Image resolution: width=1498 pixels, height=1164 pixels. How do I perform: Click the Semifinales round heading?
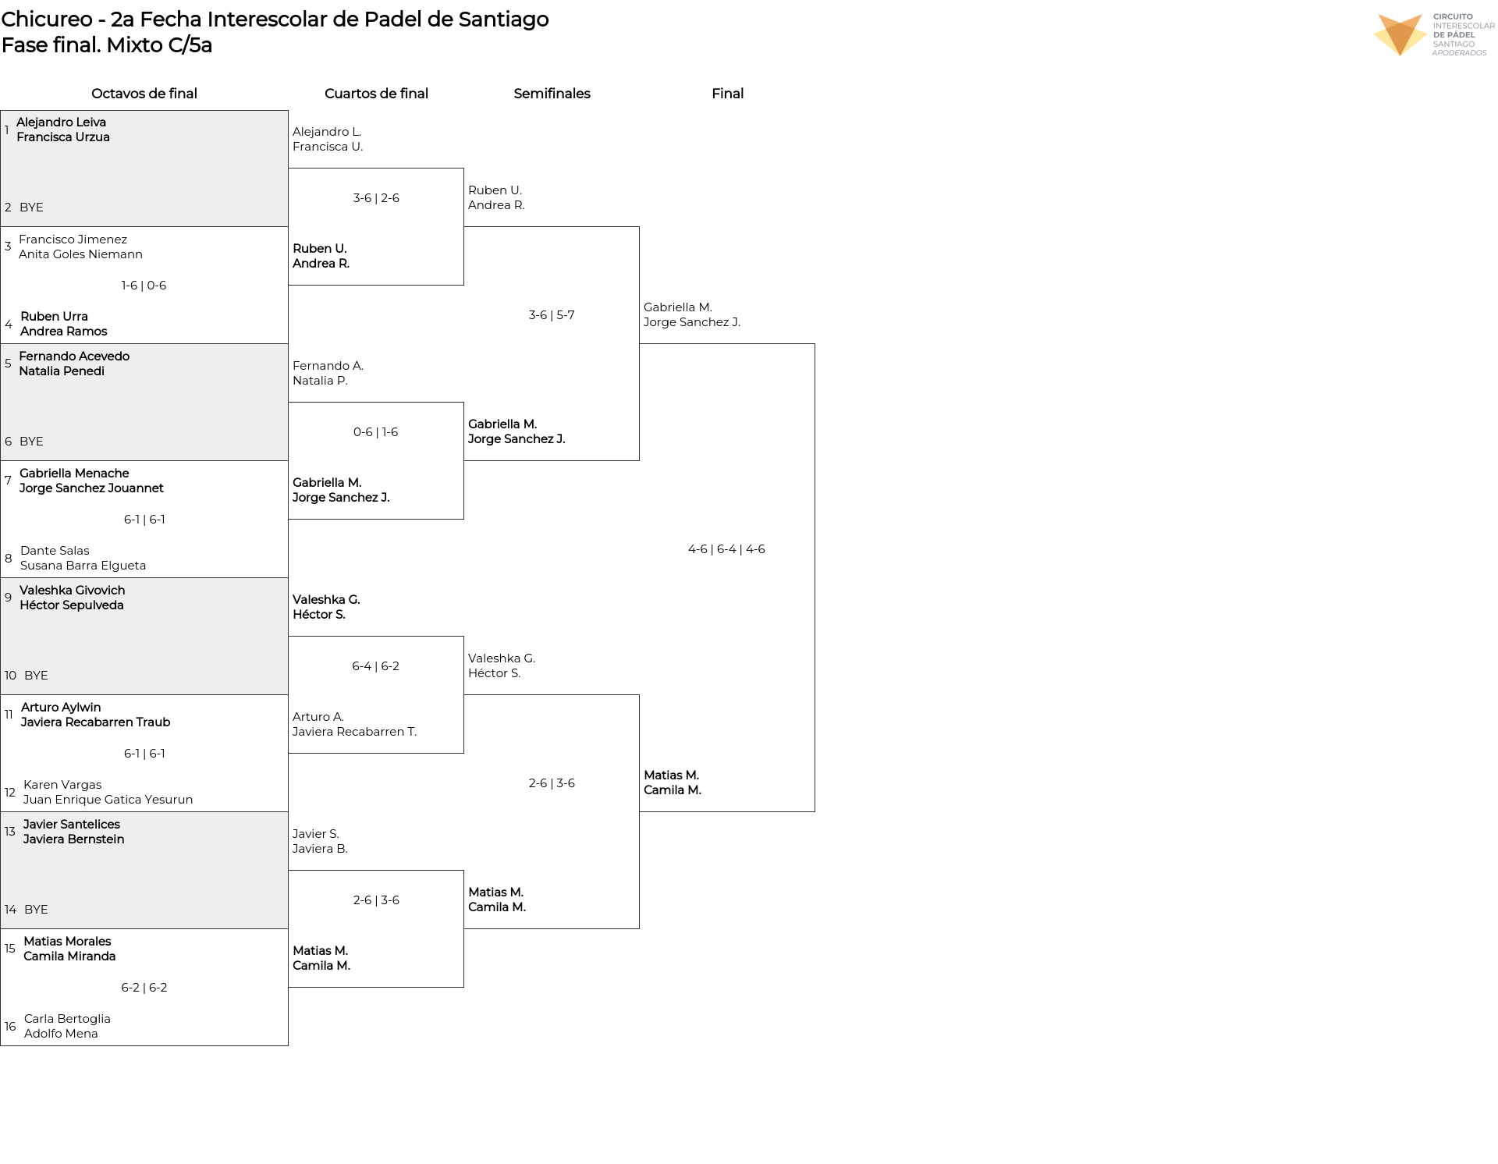552,94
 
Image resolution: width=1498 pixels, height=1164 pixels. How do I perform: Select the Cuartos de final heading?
376,94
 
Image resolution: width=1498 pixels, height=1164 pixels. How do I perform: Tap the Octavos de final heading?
144,94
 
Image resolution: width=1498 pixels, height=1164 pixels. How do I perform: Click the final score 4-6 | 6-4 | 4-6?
726,549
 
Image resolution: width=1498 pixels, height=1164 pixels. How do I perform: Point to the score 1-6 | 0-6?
144,286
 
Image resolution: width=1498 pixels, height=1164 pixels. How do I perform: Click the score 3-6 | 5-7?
552,315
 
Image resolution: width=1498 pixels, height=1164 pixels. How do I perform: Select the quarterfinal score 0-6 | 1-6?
375,432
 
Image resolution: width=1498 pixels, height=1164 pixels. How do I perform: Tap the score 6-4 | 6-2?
375,666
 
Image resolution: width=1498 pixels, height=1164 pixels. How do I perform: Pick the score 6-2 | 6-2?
144,988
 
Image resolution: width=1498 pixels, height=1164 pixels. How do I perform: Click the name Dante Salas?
55,551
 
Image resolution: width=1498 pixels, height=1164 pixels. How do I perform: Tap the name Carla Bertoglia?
67,1019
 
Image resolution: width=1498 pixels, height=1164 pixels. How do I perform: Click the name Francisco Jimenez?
73,240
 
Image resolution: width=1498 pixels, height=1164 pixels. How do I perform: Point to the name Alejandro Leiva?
61,122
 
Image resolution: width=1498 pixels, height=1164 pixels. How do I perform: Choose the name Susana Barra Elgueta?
83,566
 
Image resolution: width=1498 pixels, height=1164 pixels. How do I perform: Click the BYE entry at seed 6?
31,442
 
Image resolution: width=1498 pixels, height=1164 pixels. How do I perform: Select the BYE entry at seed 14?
36,910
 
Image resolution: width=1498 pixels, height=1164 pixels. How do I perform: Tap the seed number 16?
10,1027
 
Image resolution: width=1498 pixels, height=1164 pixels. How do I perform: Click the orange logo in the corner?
1400,34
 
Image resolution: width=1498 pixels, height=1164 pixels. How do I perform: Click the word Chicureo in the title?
47,20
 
